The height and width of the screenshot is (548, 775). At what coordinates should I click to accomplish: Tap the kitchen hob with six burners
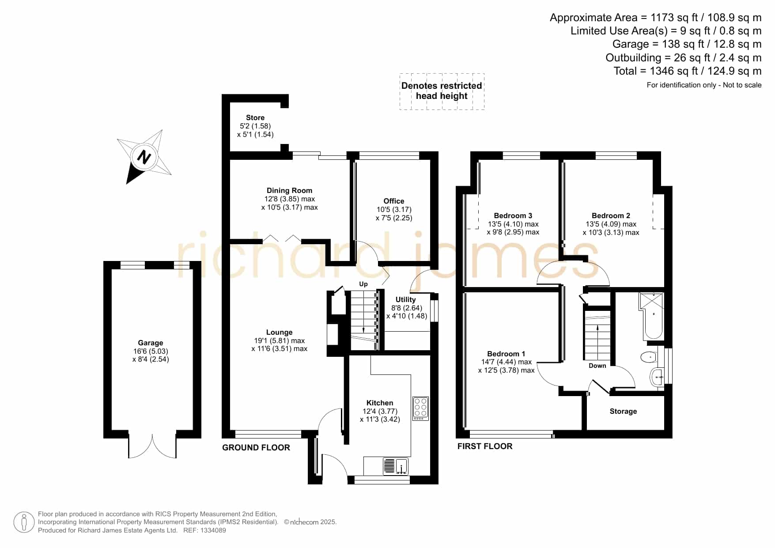[x=420, y=408]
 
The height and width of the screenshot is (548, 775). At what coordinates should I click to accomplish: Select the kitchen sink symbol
[x=395, y=467]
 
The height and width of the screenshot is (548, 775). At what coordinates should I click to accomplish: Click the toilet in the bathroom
[x=648, y=357]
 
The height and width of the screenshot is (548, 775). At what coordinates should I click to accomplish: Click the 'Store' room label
[x=255, y=118]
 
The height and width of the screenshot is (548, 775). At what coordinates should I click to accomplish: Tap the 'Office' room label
[x=393, y=201]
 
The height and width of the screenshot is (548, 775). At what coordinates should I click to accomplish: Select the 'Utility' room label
[x=405, y=299]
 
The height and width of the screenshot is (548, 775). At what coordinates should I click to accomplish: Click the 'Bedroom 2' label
[x=611, y=215]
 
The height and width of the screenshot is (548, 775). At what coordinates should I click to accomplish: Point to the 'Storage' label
[x=623, y=411]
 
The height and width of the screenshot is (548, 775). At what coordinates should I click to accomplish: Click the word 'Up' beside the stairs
[x=363, y=284]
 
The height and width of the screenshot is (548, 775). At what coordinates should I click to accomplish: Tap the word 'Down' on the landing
[x=597, y=366]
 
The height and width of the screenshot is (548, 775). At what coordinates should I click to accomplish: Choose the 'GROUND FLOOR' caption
[x=256, y=447]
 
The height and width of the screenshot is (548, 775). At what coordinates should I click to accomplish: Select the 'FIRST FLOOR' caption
[x=485, y=446]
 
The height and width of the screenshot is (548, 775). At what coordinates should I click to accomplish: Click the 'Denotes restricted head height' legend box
[x=442, y=91]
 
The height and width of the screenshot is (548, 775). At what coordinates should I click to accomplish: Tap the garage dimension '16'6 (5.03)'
[x=151, y=351]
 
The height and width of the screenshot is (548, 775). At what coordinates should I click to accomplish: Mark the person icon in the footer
[x=24, y=522]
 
